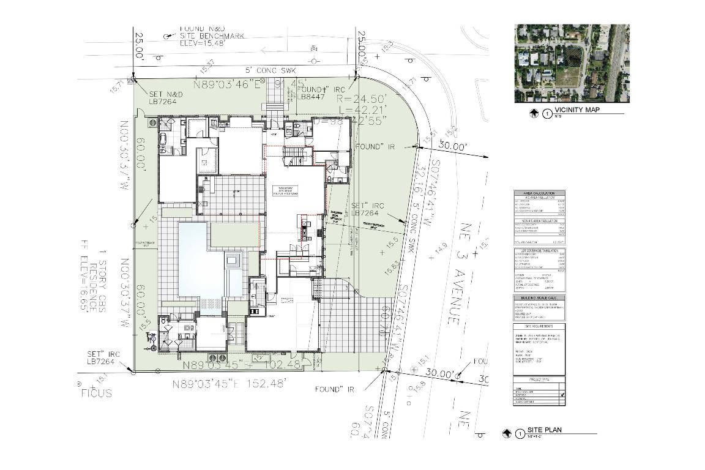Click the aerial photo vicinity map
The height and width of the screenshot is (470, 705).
572,63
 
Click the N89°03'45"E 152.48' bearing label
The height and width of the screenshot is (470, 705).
229,385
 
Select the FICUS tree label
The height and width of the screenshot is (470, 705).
97,393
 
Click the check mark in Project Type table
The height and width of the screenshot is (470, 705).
562,396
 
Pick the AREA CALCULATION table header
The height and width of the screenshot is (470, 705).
539,193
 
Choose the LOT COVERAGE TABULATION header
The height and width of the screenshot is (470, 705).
539,250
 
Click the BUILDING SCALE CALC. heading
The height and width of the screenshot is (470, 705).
539,298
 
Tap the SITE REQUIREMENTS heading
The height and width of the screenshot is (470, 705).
539,327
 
